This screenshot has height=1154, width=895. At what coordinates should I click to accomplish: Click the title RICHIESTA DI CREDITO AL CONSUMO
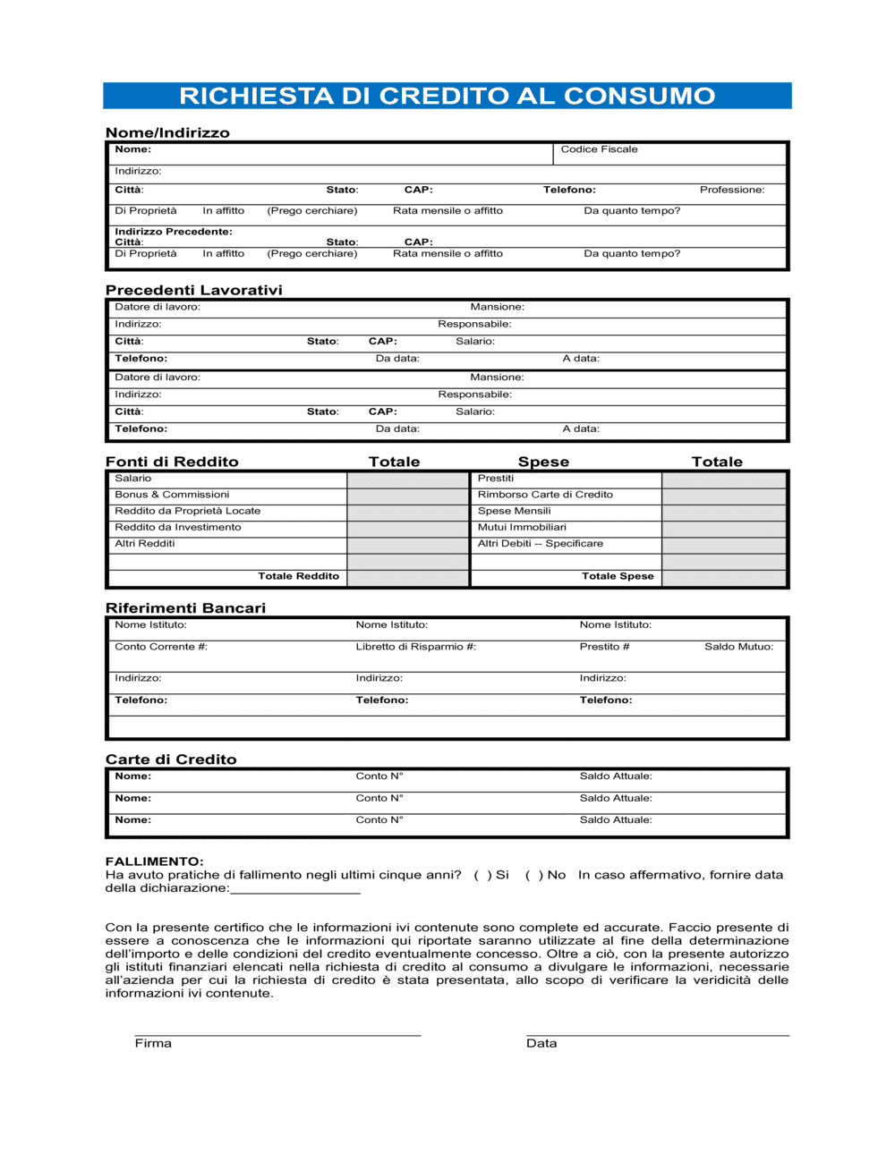(x=447, y=96)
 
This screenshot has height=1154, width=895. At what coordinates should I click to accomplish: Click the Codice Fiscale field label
(x=599, y=149)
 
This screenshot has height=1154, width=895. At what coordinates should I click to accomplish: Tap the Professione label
(x=731, y=190)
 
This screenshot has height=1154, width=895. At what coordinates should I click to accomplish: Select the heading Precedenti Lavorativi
(x=193, y=290)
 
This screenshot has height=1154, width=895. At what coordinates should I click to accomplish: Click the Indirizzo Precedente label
(x=173, y=232)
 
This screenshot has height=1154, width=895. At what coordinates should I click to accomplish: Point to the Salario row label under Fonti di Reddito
(x=132, y=479)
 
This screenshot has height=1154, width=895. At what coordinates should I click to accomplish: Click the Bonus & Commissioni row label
(x=172, y=495)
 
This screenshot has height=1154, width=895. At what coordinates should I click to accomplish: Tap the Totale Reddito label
(x=298, y=576)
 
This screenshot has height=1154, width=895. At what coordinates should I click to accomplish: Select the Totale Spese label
(x=618, y=576)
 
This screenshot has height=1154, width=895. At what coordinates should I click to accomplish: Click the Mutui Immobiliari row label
(x=522, y=528)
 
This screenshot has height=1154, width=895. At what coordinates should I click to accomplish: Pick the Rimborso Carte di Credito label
(x=545, y=495)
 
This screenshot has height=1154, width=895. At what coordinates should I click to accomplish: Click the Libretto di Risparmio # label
(x=415, y=647)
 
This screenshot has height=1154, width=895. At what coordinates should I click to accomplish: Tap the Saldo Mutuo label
(x=738, y=647)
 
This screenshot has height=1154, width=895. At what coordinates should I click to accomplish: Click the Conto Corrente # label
(x=161, y=647)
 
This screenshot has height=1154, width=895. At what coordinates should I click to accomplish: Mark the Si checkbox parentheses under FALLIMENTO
(x=482, y=875)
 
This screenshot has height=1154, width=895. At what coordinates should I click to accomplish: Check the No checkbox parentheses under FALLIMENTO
(x=533, y=875)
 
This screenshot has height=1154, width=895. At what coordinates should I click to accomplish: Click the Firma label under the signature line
(x=153, y=1043)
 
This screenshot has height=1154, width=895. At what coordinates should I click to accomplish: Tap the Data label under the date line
(x=541, y=1043)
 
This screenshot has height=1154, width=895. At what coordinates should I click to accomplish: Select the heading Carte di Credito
(x=171, y=759)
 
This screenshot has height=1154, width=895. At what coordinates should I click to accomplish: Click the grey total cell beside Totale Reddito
(x=407, y=577)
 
